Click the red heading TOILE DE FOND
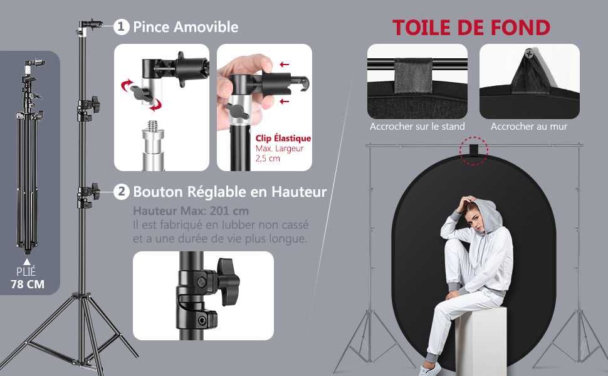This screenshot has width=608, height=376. [471, 28]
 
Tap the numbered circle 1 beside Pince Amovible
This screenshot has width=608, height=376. [122, 27]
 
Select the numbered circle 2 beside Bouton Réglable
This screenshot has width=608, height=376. [122, 192]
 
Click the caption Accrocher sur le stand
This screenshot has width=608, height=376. [417, 127]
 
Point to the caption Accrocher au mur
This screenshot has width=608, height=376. [529, 127]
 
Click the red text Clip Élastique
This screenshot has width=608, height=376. [283, 138]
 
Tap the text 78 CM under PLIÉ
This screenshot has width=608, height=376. [28, 284]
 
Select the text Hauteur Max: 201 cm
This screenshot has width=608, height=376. [191, 211]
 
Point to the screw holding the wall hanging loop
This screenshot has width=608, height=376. [529, 53]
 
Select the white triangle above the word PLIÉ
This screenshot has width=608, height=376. [27, 262]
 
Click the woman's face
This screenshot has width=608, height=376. [476, 220]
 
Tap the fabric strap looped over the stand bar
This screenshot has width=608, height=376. [413, 76]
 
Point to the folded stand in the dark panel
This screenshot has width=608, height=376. [29, 155]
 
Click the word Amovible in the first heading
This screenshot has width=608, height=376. [206, 27]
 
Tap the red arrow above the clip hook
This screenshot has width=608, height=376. [284, 65]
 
